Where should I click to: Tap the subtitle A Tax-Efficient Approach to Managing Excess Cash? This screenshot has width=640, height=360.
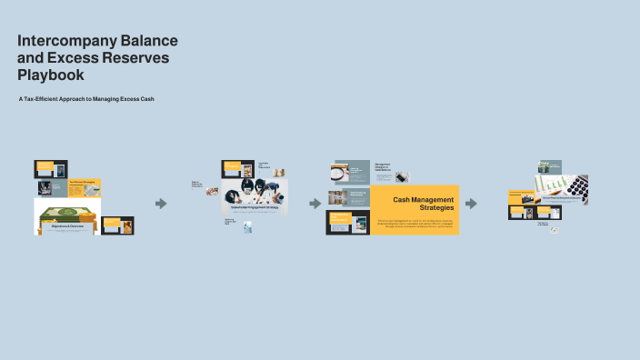[x=86, y=98]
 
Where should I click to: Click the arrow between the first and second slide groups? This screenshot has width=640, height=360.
[x=161, y=204]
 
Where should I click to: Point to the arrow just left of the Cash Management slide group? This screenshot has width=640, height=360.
[x=315, y=204]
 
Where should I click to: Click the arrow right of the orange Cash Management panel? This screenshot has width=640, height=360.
[x=471, y=204]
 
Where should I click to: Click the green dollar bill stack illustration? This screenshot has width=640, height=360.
[x=65, y=215]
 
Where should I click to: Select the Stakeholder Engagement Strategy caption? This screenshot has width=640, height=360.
[x=255, y=208]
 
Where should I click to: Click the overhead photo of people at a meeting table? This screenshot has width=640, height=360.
[x=255, y=191]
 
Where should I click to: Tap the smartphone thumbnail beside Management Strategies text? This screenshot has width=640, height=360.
[x=401, y=177]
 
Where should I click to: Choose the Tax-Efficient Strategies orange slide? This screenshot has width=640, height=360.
[x=85, y=188]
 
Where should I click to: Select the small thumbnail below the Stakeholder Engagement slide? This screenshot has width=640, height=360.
[x=246, y=229]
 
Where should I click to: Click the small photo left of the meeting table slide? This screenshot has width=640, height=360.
[x=212, y=192]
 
